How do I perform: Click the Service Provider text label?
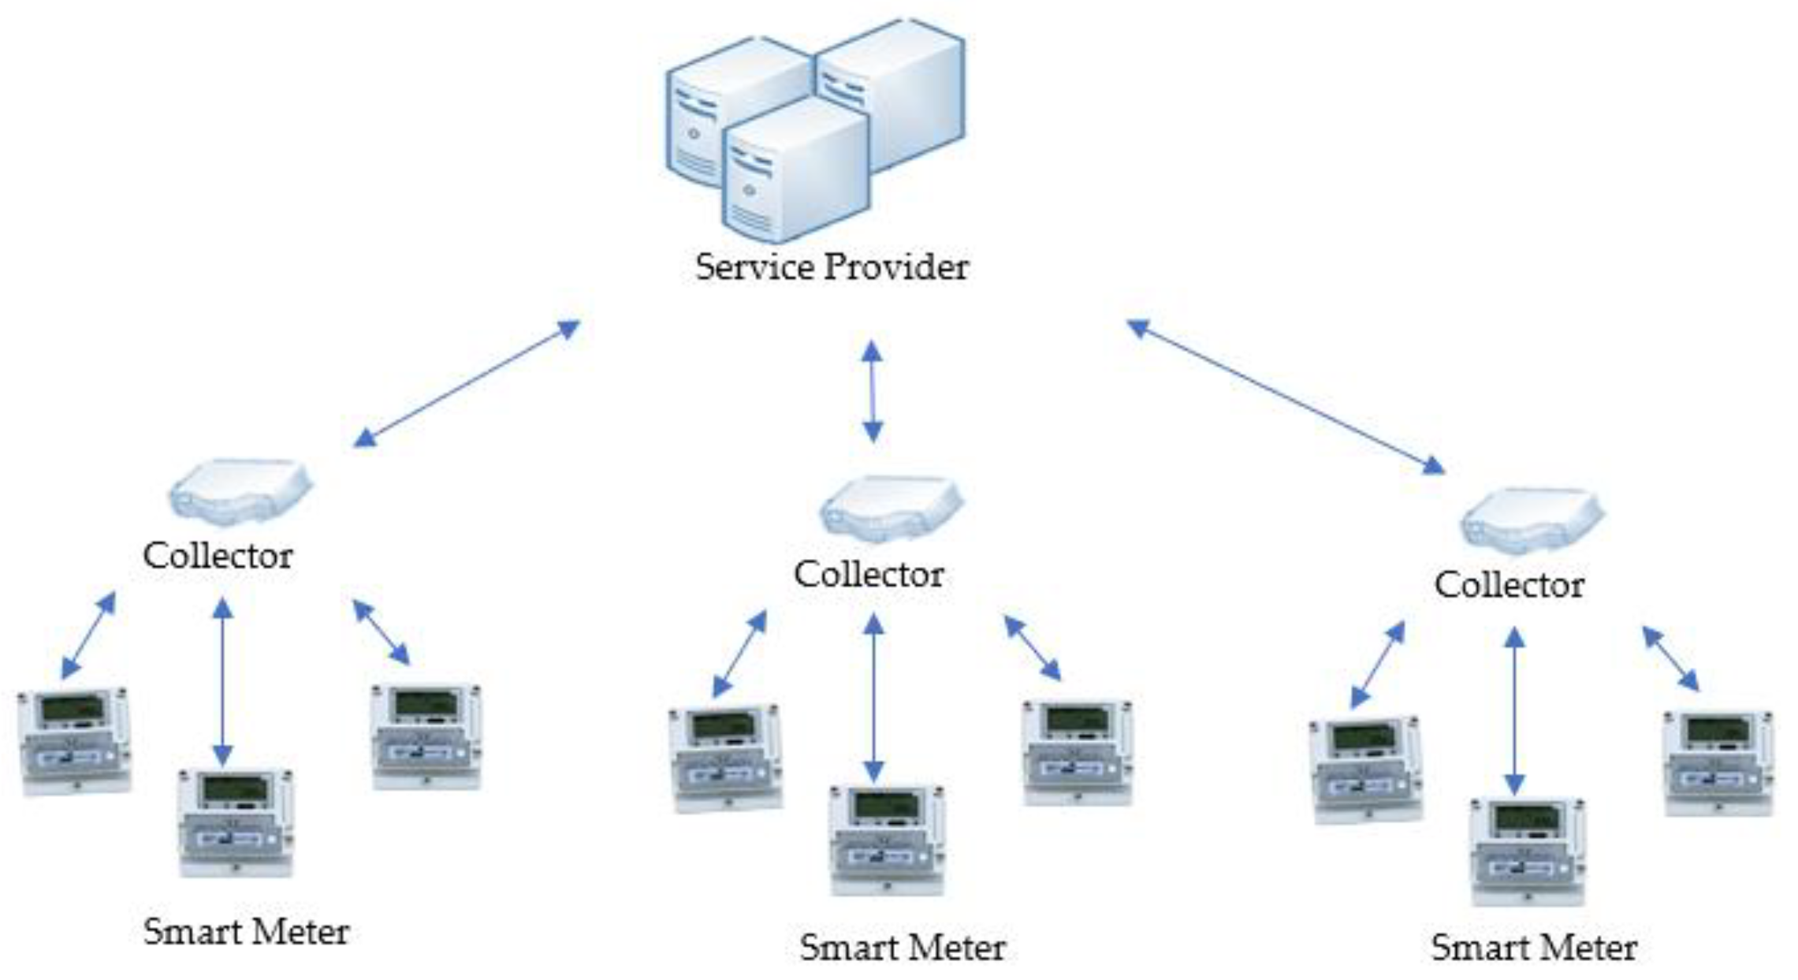(831, 267)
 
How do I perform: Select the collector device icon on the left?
(240, 491)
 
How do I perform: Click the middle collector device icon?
(891, 509)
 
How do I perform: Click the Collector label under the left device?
(218, 556)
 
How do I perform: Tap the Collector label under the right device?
(1509, 586)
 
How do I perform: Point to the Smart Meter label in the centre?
(902, 947)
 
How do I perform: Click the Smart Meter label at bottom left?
(246, 932)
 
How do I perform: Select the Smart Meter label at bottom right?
(1533, 947)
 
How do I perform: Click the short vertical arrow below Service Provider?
(872, 391)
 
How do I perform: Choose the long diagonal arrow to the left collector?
(467, 384)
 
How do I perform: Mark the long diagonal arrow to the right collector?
(1286, 397)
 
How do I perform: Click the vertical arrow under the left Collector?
(223, 681)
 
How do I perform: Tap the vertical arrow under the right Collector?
(1513, 710)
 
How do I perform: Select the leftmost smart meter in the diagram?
(74, 740)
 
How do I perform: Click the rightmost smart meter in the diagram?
(1718, 762)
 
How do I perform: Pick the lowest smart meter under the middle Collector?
(887, 839)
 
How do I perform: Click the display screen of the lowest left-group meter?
(234, 789)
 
